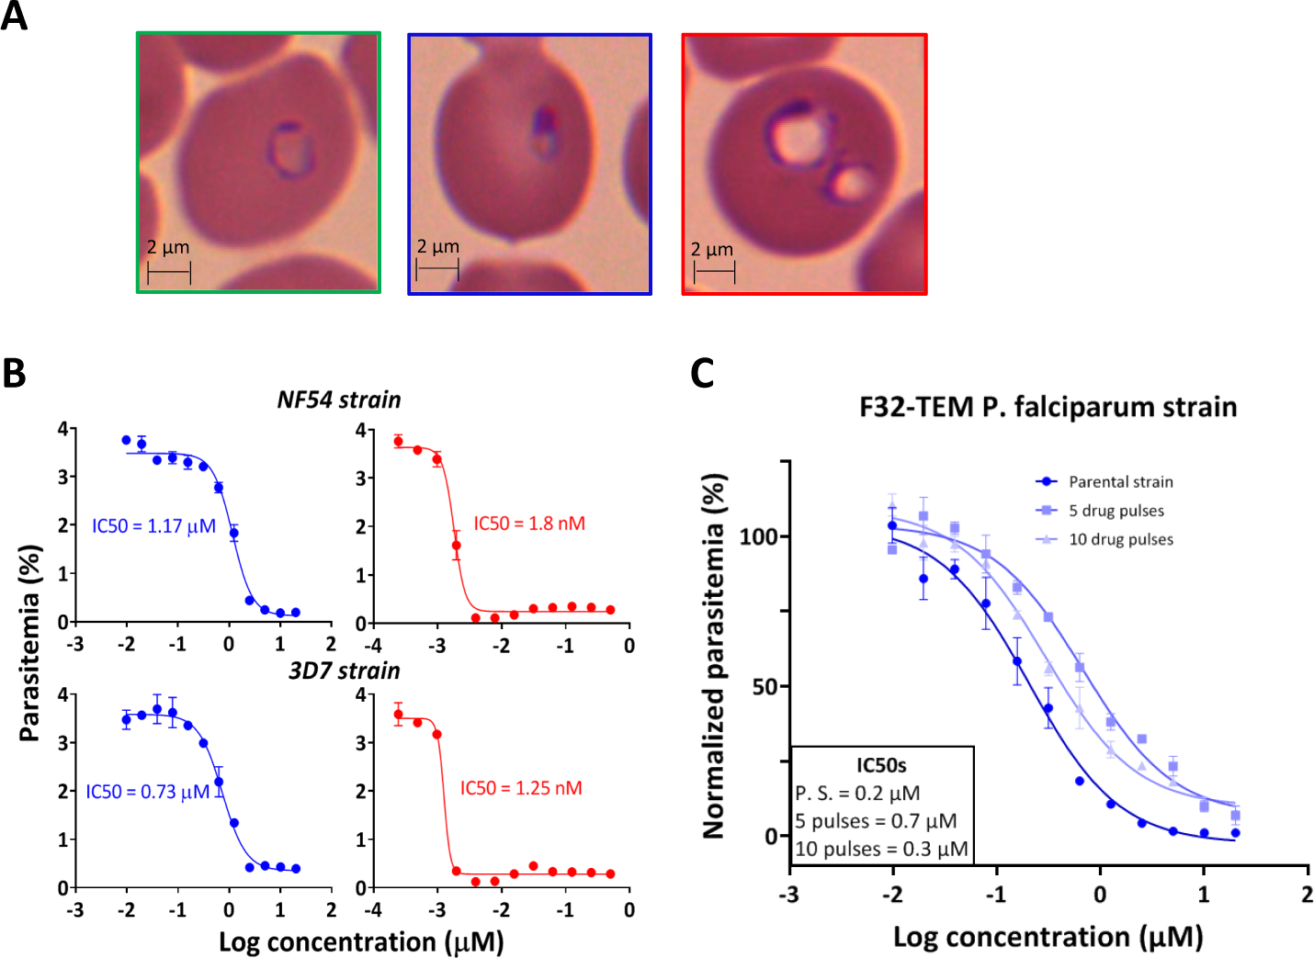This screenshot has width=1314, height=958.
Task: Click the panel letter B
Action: click(x=14, y=373)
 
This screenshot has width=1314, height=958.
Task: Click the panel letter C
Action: click(x=702, y=373)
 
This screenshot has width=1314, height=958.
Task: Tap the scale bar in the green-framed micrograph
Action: click(x=169, y=272)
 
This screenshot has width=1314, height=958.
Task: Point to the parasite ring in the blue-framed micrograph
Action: click(x=544, y=132)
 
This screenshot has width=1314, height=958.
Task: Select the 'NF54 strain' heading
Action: click(x=339, y=400)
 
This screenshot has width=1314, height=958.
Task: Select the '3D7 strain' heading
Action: click(x=345, y=671)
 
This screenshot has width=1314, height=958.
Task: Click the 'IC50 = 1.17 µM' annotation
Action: click(x=153, y=526)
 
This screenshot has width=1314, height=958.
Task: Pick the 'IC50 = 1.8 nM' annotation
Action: click(x=529, y=524)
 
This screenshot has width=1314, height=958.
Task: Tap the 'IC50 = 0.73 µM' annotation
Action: click(x=148, y=792)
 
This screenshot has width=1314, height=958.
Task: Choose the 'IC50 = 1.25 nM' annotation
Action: click(x=521, y=788)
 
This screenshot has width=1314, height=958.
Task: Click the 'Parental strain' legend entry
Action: click(x=1120, y=481)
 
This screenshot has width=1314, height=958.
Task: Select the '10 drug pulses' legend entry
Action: click(x=1120, y=539)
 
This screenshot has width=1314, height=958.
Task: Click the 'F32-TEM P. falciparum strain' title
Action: click(x=1048, y=407)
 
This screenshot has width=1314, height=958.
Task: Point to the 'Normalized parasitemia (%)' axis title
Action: click(x=714, y=656)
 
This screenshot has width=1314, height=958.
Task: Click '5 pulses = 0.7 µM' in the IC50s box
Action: click(x=876, y=821)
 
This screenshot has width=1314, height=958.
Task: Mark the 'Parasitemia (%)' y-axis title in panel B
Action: click(x=29, y=643)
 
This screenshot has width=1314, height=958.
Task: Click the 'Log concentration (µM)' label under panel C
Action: click(x=1048, y=937)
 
